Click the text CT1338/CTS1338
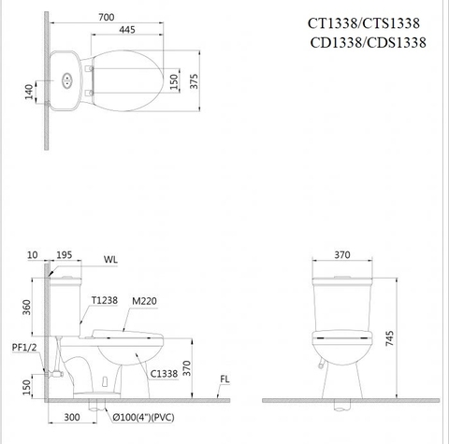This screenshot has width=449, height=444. pos(363,24)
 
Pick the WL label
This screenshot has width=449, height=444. pos(110,259)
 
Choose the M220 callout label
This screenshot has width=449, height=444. pos(144,301)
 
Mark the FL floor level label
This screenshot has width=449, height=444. pos(225,380)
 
